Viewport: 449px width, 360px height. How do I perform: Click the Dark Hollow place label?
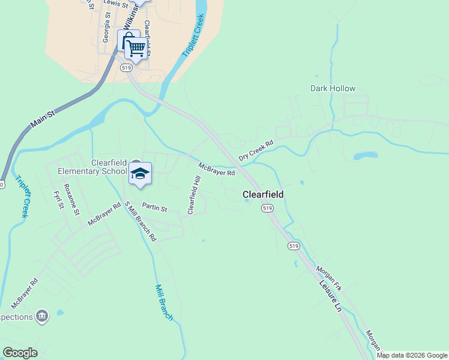click(333, 88)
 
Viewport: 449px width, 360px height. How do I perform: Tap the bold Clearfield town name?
click(262, 194)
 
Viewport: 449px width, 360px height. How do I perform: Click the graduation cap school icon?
click(140, 173)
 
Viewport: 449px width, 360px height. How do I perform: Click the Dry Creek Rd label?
click(256, 151)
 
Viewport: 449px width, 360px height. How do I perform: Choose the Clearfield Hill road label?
click(193, 195)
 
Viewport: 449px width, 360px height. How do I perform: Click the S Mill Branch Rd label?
click(140, 221)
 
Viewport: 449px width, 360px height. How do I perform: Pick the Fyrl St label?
click(58, 200)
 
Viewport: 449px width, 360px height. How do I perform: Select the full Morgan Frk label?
click(328, 278)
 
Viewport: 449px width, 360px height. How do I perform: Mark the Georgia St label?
click(106, 29)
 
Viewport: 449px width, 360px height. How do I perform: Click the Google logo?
click(20, 353)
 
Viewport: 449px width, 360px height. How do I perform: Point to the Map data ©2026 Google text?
click(411, 355)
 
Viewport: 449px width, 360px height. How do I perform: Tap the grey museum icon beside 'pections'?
click(41, 316)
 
